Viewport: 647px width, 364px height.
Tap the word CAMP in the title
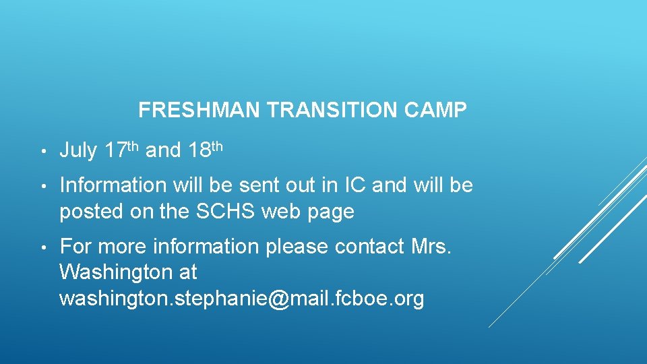pos(437,111)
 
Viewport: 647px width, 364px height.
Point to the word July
pos(78,151)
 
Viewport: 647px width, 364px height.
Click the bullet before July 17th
pos(42,152)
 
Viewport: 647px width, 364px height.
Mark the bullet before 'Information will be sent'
pos(42,185)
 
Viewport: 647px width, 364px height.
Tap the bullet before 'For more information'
pos(42,247)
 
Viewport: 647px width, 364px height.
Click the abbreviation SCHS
pos(226,212)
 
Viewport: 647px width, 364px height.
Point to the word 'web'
pos(282,212)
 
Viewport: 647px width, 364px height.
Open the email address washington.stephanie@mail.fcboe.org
pos(241,298)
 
